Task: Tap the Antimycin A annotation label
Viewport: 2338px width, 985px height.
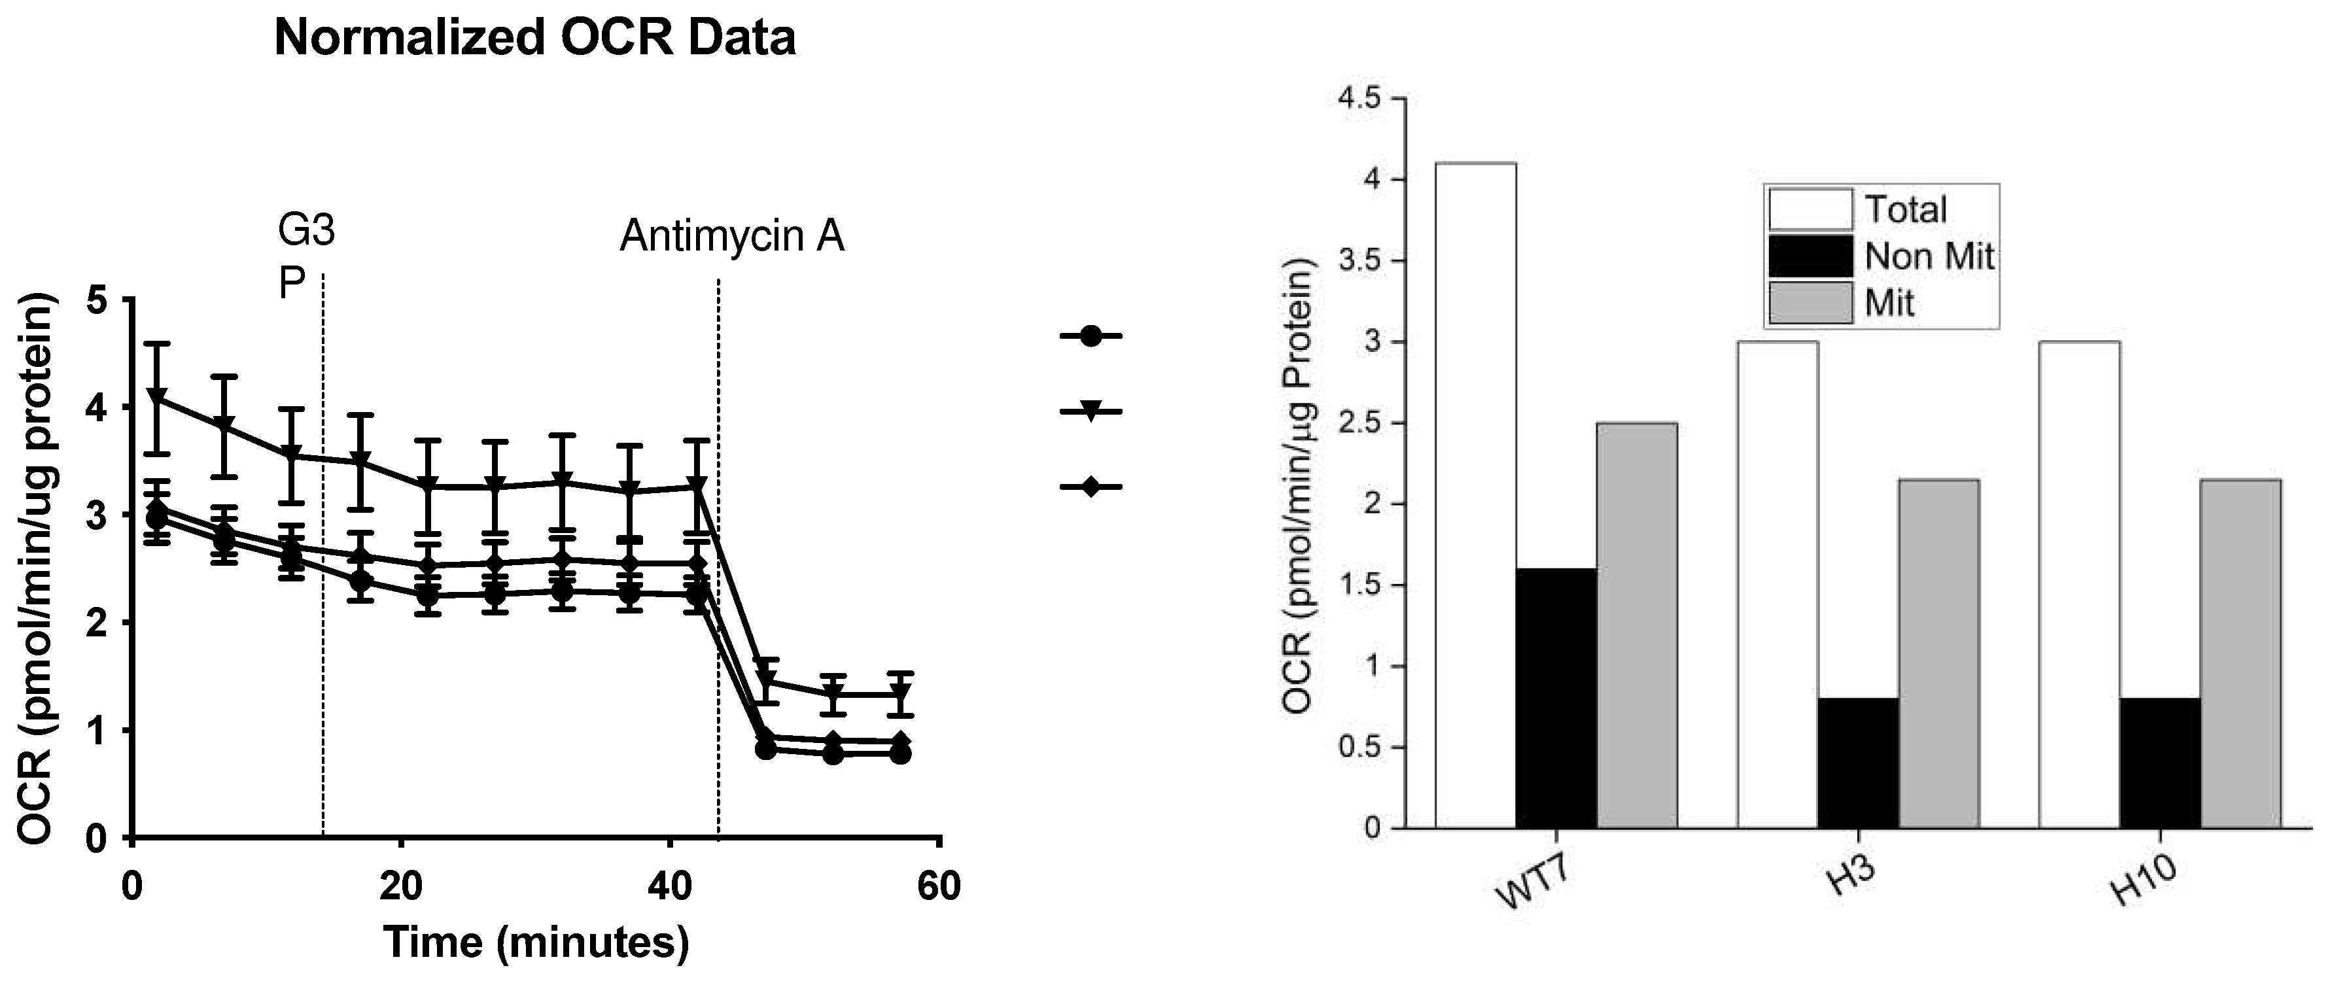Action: pos(731,237)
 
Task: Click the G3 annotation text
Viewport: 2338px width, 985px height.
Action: pos(306,232)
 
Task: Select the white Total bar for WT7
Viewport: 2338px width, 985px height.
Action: pos(1475,494)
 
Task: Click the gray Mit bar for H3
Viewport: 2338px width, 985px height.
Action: pos(1939,653)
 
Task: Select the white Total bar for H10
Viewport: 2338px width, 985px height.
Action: pos(2080,585)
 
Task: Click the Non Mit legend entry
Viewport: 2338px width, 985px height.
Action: pos(1928,257)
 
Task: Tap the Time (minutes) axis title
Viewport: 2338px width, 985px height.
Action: pos(536,942)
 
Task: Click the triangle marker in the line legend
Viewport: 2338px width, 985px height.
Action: pos(1091,412)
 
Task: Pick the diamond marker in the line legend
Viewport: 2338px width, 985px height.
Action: pos(1091,487)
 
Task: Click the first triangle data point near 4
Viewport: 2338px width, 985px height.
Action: pos(158,398)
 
